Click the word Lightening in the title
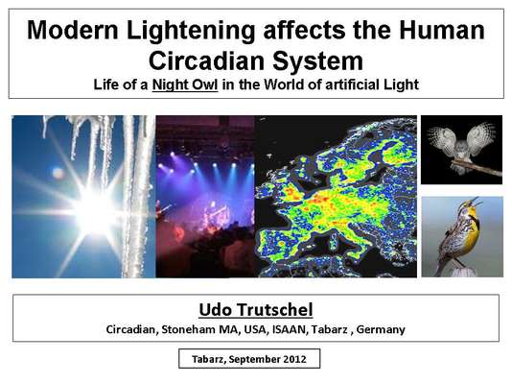(191, 31)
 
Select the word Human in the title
(441, 30)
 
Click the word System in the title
(317, 62)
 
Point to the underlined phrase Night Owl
(185, 84)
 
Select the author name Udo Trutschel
(256, 309)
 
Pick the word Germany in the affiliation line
(381, 329)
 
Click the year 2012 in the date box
(294, 359)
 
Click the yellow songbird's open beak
(477, 201)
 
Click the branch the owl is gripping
(477, 167)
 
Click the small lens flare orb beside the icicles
(58, 173)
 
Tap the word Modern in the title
(72, 30)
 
